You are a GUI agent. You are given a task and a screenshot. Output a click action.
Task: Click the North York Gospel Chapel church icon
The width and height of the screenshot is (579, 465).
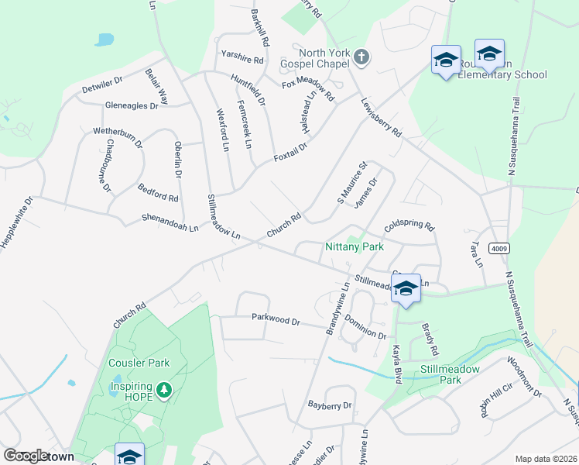click(x=361, y=57)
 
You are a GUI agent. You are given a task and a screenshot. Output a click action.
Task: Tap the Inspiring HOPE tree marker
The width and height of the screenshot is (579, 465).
click(x=163, y=389)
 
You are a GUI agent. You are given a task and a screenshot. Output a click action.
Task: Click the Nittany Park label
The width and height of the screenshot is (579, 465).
click(x=353, y=246)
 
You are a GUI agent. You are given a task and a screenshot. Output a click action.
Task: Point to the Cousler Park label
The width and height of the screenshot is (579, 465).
click(x=139, y=363)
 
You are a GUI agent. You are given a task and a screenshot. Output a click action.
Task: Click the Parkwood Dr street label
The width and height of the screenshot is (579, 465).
click(x=276, y=318)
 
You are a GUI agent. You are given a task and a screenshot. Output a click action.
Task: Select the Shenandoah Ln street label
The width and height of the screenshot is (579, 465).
click(x=170, y=223)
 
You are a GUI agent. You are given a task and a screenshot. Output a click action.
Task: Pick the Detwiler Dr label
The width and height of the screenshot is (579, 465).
click(x=102, y=85)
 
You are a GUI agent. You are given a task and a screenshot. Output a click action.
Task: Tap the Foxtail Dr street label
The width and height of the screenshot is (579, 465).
click(x=290, y=151)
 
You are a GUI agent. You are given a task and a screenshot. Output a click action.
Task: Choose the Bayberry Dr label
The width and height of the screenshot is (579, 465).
click(x=330, y=405)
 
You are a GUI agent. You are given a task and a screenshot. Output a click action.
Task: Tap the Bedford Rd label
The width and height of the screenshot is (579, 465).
click(x=158, y=192)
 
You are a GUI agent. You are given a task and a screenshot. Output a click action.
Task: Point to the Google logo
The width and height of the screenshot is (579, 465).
click(x=25, y=456)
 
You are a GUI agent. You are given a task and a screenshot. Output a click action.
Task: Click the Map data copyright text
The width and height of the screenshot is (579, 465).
click(x=546, y=459)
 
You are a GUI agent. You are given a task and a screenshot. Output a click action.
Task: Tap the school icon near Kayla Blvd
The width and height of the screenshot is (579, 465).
click(x=406, y=288)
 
